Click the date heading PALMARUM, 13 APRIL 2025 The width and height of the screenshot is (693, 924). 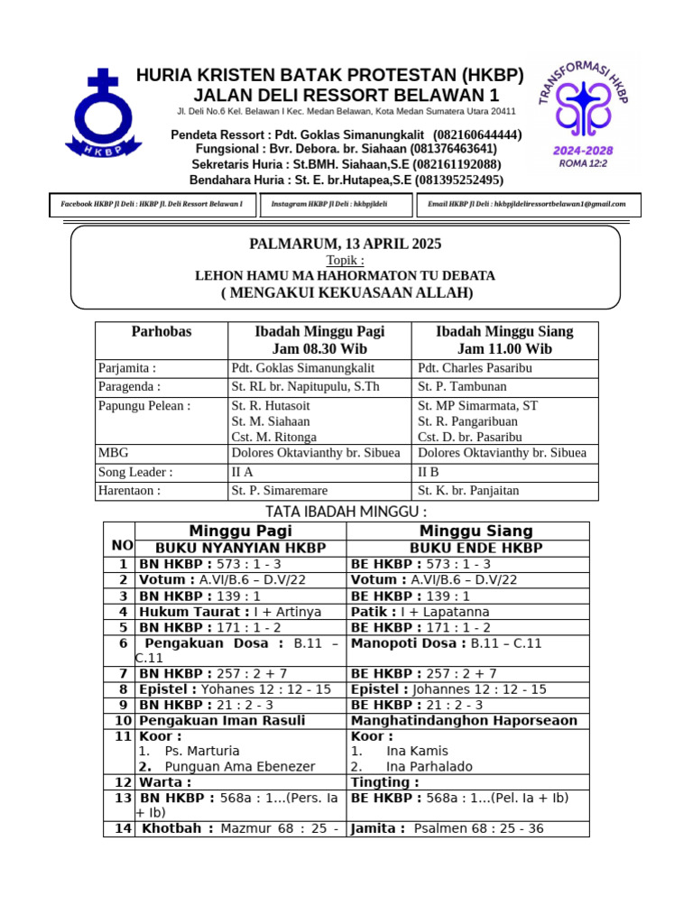(x=346, y=245)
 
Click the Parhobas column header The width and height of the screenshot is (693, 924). (x=162, y=331)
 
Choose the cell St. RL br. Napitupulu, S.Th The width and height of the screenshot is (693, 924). (x=306, y=387)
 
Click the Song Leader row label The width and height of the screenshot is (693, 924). (x=135, y=472)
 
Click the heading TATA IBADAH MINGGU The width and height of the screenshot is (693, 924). (x=346, y=512)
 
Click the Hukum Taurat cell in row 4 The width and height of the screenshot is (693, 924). (x=230, y=612)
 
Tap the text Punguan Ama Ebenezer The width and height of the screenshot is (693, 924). (x=240, y=766)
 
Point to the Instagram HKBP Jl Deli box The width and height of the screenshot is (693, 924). (x=336, y=205)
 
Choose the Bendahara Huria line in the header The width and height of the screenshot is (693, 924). (x=346, y=180)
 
